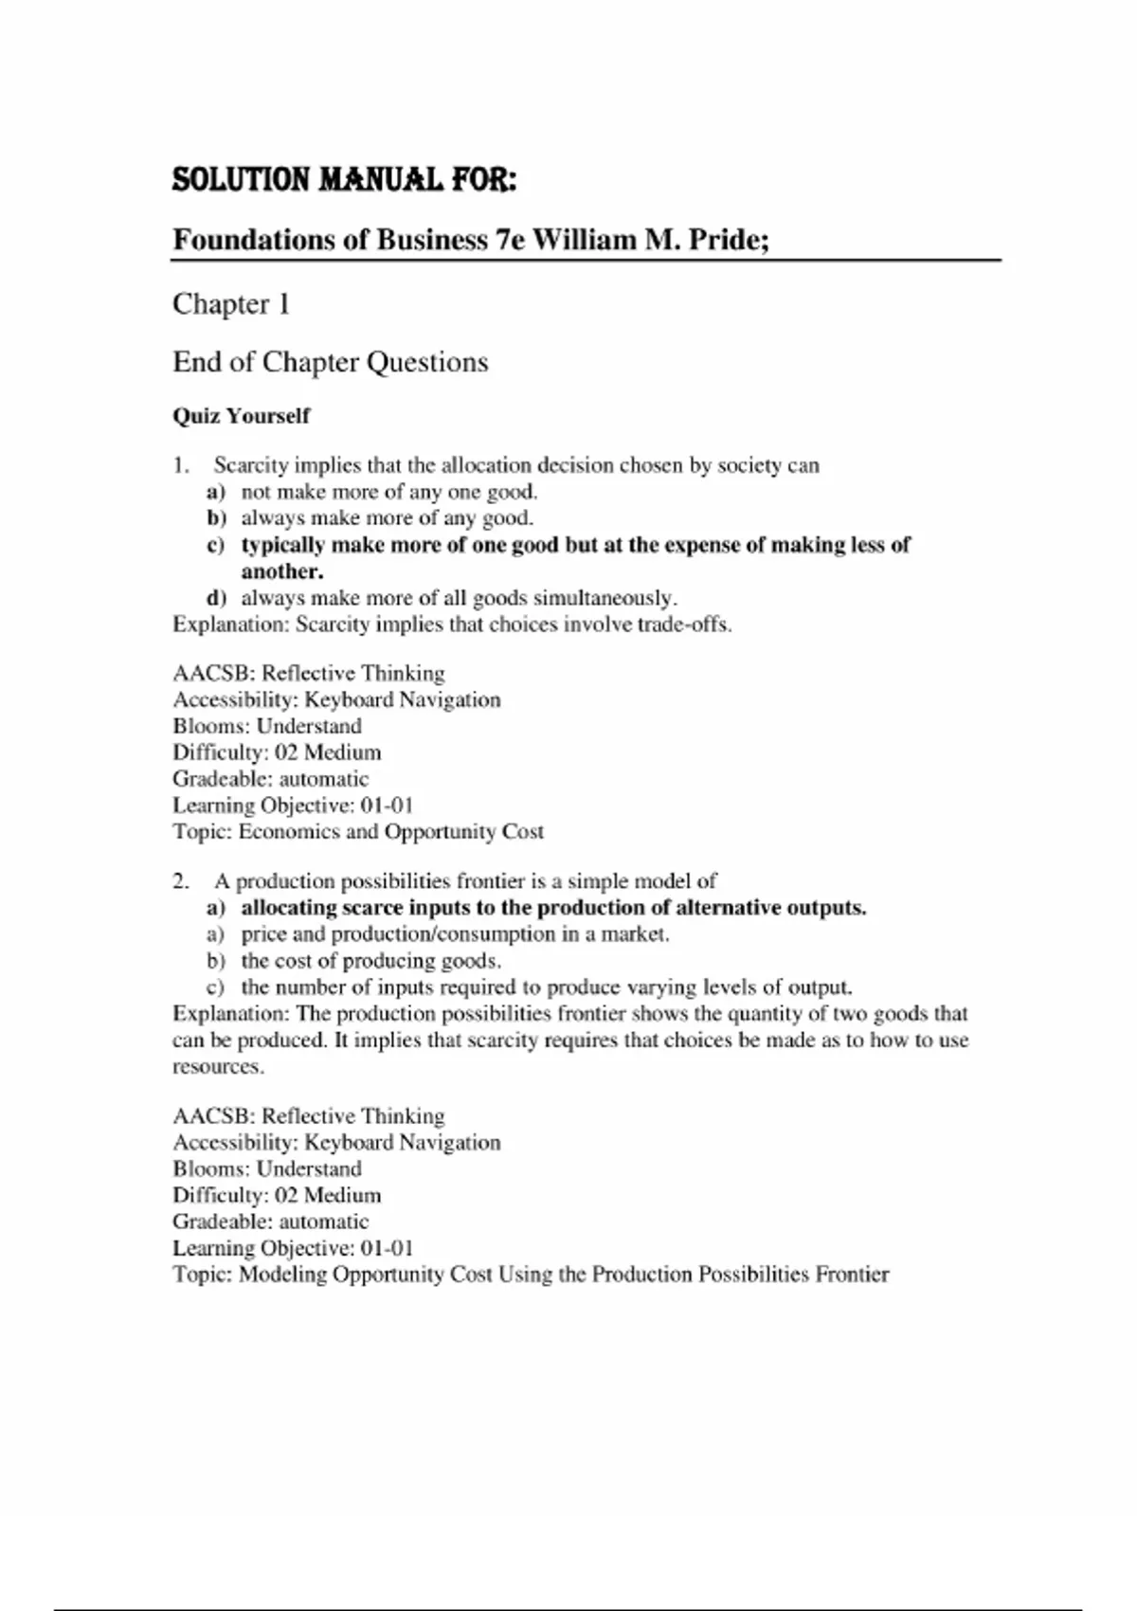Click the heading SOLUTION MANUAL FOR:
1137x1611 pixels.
coord(344,179)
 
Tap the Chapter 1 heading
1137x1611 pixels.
coord(231,304)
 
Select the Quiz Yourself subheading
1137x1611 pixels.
coord(241,416)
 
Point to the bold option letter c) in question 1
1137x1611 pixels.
coord(216,545)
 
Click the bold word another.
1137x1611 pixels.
coord(282,571)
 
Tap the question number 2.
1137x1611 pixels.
coord(181,881)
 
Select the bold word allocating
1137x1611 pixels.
coord(288,908)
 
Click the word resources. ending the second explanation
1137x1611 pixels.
coord(218,1067)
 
